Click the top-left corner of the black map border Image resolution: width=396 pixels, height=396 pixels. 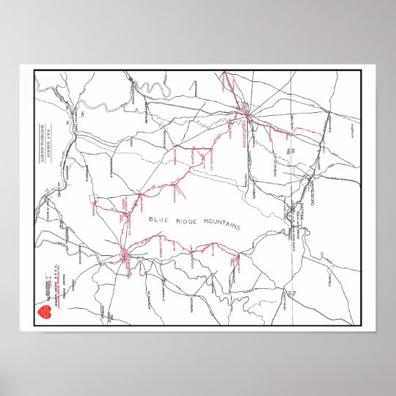coord(34,71)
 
